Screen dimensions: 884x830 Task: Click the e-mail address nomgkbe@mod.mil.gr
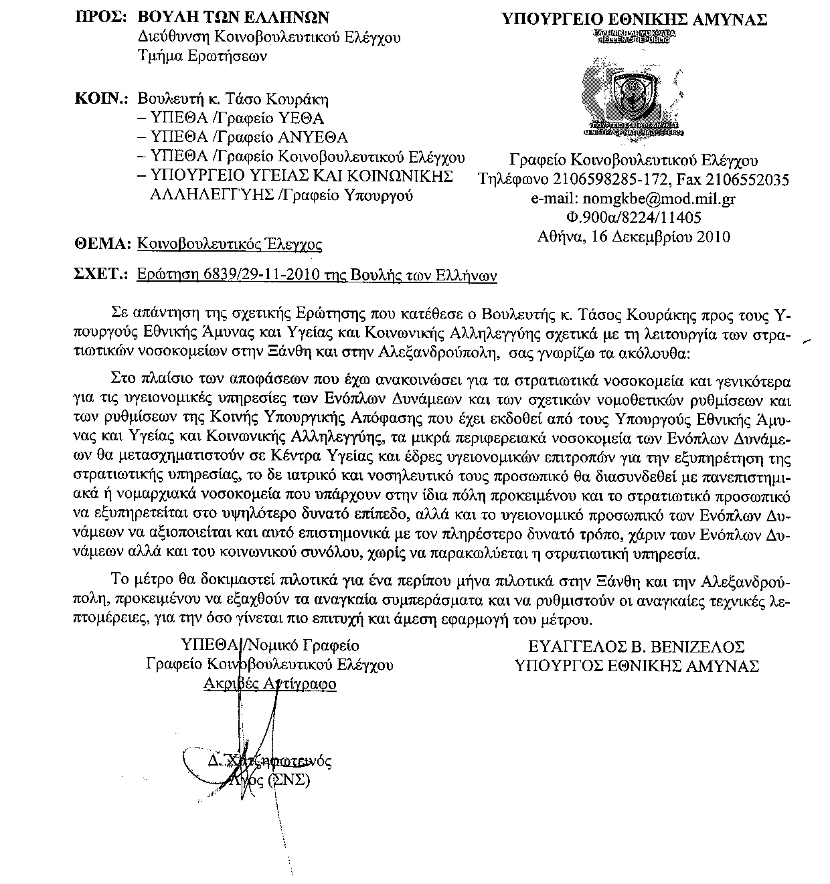pyautogui.click(x=657, y=199)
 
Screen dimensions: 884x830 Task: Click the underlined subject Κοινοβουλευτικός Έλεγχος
pyautogui.click(x=229, y=244)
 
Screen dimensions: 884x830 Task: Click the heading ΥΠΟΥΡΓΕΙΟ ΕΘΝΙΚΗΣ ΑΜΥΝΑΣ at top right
pyautogui.click(x=634, y=19)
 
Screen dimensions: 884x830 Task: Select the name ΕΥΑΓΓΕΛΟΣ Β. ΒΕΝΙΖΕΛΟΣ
pyautogui.click(x=636, y=647)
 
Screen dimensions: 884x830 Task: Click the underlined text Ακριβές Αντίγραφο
pyautogui.click(x=269, y=684)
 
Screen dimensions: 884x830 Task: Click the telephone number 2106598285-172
pyautogui.click(x=612, y=180)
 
